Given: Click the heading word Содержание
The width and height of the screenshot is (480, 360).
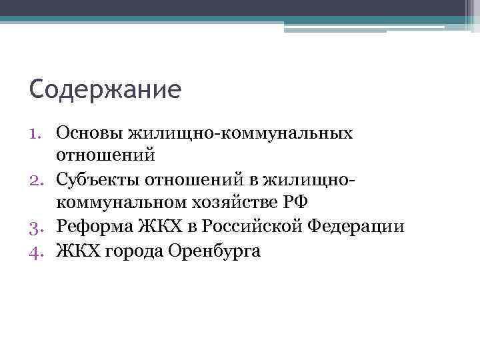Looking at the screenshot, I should click(x=105, y=89).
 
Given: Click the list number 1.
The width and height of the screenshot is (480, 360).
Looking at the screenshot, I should click(x=37, y=133).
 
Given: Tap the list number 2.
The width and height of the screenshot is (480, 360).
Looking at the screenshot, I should click(x=37, y=179).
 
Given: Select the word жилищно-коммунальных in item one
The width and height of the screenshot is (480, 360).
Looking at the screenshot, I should click(x=243, y=132).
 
